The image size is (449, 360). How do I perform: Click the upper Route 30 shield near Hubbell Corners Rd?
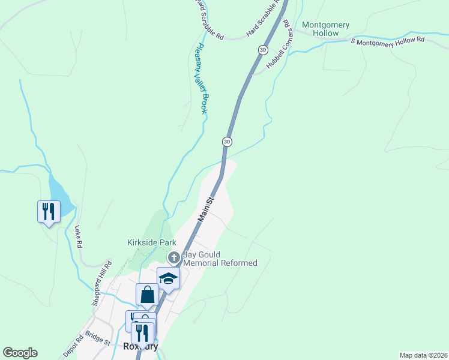[x=263, y=50]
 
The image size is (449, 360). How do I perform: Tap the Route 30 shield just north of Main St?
[x=226, y=142]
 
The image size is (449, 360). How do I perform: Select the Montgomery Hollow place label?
[x=325, y=29]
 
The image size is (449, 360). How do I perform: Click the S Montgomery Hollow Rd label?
[x=387, y=42]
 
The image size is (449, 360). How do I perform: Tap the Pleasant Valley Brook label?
[x=202, y=79]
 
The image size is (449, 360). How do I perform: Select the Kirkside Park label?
[x=151, y=242]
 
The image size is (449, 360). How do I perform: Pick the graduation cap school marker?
[x=169, y=278]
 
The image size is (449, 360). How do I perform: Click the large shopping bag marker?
[x=147, y=295]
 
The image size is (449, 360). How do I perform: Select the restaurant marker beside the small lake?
[x=49, y=212]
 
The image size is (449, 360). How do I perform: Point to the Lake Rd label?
[x=78, y=237]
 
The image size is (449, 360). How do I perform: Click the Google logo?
[x=20, y=353]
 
